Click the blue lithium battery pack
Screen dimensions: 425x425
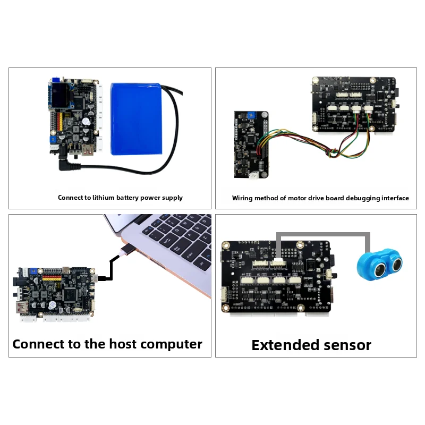click(137, 119)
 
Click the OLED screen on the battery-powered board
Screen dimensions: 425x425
click(60, 96)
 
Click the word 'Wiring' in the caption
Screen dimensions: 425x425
click(241, 198)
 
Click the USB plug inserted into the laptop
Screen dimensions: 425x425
click(127, 249)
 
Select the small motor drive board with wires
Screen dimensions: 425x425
click(251, 144)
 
